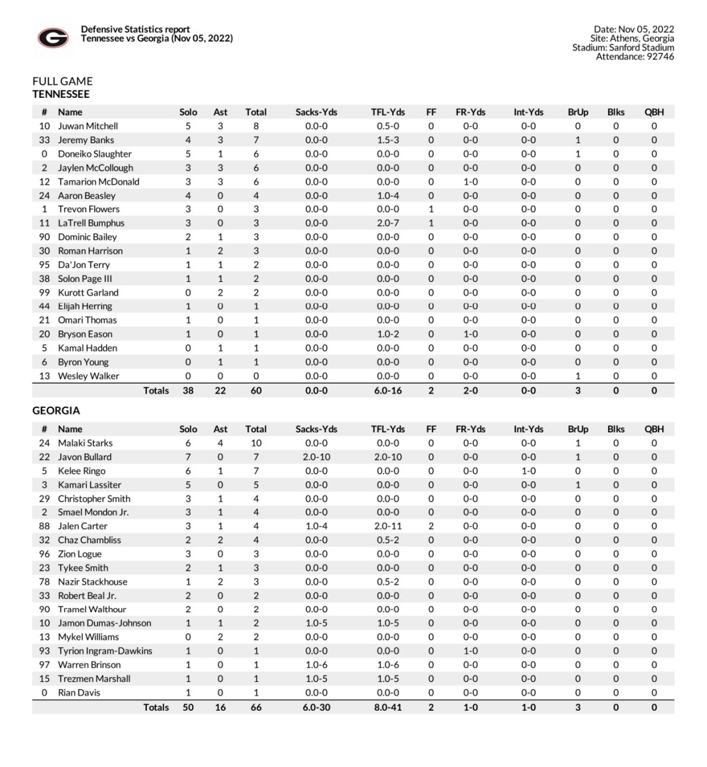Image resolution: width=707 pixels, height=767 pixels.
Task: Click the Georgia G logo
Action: (53, 38)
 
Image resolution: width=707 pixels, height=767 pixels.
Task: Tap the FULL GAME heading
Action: (63, 81)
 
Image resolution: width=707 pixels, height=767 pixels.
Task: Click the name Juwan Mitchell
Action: (87, 126)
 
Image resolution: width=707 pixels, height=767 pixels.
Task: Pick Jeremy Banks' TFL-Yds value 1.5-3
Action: (388, 140)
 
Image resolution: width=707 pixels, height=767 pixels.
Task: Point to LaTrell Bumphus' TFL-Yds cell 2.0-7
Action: (388, 223)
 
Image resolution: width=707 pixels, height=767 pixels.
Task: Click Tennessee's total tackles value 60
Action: (255, 391)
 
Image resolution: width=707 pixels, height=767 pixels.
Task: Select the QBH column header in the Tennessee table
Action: (654, 112)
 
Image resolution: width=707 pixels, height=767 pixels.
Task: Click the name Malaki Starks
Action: (85, 443)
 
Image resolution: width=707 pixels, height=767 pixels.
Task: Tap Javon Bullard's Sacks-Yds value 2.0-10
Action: (316, 457)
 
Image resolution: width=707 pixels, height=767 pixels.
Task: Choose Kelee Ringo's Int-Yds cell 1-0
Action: (528, 471)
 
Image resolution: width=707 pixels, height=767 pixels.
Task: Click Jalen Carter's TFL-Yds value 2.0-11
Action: (388, 526)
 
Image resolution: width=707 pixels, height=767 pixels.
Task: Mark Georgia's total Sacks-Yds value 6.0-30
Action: (316, 708)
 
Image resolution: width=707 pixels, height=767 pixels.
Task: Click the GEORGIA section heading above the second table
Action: (56, 410)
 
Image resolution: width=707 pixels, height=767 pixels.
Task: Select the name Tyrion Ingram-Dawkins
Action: (105, 651)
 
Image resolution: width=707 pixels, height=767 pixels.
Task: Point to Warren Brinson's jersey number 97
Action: (44, 665)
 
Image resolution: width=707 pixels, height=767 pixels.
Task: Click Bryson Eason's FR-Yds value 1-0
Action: (470, 334)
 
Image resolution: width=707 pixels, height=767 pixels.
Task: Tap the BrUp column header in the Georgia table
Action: (577, 429)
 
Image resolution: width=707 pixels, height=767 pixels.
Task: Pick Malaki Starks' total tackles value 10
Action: (255, 443)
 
